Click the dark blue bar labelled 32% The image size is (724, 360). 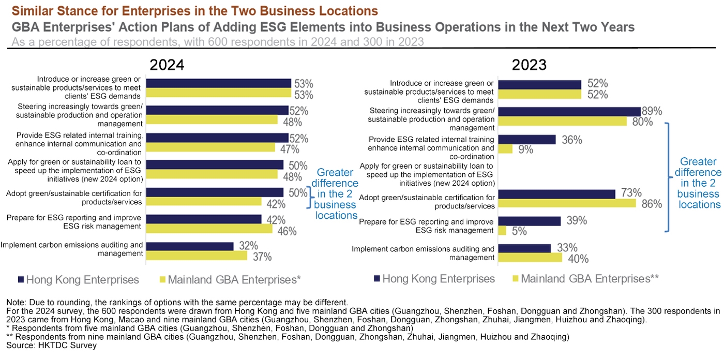190,246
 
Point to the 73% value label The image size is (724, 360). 630,193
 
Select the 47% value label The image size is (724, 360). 290,149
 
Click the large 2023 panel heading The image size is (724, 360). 529,65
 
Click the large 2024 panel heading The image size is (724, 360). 167,65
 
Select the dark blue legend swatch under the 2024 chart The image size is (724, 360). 21,280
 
